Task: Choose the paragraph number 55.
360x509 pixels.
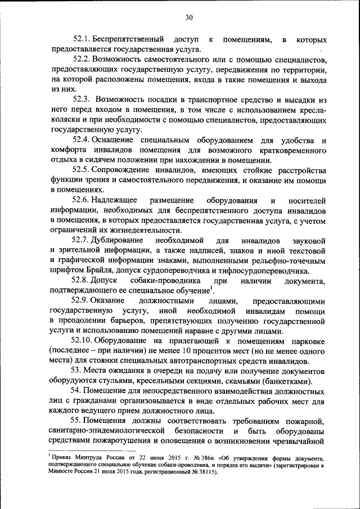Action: point(76,421)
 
